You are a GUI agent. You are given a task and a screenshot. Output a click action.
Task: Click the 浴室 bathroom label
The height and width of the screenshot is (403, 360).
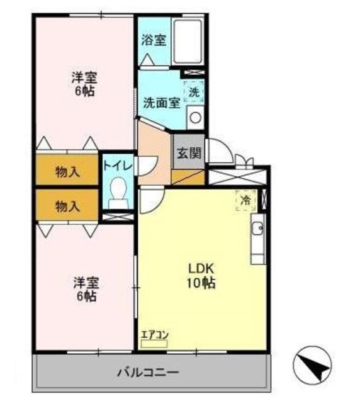tap(154, 40)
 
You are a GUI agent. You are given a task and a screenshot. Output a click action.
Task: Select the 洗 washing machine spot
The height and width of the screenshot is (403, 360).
tap(194, 92)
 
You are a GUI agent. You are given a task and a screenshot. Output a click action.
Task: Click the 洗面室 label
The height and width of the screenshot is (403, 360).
tap(162, 103)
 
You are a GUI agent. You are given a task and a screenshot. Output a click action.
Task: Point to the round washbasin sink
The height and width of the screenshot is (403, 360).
tap(195, 118)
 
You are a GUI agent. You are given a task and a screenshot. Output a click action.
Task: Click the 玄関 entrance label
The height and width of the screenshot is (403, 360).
tap(189, 154)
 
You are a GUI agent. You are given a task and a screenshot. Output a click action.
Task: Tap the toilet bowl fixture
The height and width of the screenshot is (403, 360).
tap(118, 193)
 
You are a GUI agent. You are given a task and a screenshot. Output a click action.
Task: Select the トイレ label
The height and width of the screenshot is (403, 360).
tap(118, 166)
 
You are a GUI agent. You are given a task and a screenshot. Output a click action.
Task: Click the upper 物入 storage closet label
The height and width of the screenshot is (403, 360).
tap(67, 172)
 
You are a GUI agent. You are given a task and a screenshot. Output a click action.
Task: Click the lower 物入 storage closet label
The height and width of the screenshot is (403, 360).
tap(67, 206)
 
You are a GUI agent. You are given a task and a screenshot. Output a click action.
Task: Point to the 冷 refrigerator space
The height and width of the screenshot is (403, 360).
tap(246, 200)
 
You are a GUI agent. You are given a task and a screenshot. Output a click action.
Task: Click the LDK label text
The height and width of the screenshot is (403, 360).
tap(201, 269)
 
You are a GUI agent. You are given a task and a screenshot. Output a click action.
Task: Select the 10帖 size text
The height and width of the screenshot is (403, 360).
tap(201, 283)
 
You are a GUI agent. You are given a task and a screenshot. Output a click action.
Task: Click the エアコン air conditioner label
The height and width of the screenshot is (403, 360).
tap(155, 335)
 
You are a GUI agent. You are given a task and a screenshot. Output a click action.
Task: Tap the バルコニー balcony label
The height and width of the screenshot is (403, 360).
tap(148, 372)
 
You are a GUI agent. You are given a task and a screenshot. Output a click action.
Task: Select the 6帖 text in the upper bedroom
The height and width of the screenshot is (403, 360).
tap(85, 91)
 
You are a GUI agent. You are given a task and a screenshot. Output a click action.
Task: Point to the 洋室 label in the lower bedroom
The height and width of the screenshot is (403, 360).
tap(86, 283)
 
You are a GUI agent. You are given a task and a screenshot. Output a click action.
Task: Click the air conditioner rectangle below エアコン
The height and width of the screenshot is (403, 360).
tap(154, 344)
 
